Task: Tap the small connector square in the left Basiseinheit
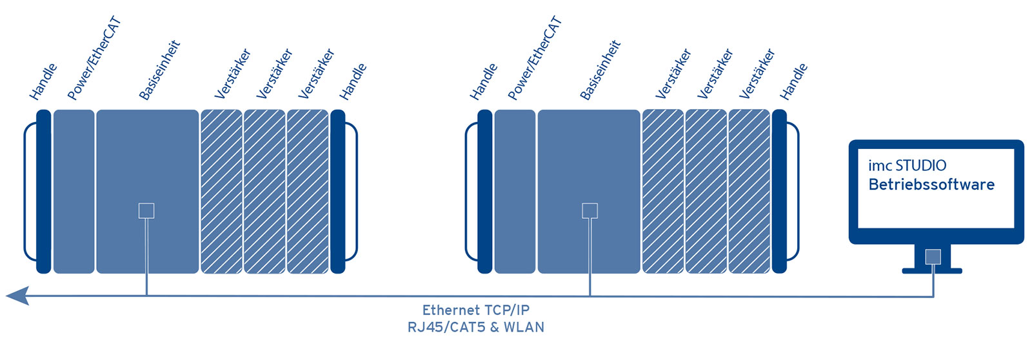click(x=146, y=210)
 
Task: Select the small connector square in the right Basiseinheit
click(x=590, y=210)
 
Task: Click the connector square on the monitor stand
click(x=933, y=257)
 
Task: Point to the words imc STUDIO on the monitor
click(x=907, y=166)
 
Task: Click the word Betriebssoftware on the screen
click(x=931, y=185)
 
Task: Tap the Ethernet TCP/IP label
click(x=475, y=310)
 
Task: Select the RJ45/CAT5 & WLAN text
click(x=475, y=327)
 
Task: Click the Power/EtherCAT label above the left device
click(x=94, y=59)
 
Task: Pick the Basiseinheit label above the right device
click(x=600, y=70)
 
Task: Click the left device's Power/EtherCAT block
click(x=74, y=192)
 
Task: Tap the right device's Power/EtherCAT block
click(x=515, y=192)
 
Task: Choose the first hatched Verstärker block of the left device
click(x=221, y=192)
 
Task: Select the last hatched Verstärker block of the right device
click(x=749, y=192)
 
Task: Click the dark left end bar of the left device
click(x=43, y=192)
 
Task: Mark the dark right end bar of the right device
click(x=779, y=192)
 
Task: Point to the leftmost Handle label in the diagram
click(x=43, y=82)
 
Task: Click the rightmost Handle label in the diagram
click(x=793, y=82)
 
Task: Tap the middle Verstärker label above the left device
click(x=274, y=74)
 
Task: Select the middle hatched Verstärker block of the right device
click(x=706, y=192)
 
